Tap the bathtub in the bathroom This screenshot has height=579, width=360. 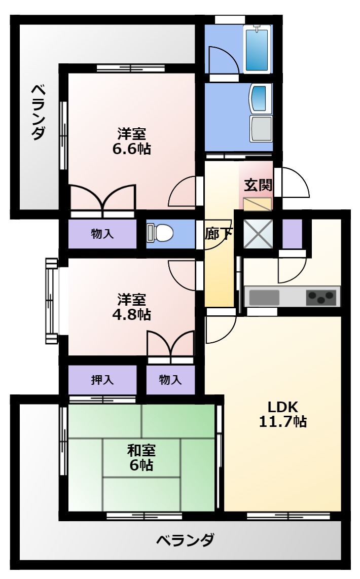257,48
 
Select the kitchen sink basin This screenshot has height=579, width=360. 264,298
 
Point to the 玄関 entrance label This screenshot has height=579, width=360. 258,185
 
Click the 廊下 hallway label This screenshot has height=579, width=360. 219,234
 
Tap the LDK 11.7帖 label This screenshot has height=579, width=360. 283,414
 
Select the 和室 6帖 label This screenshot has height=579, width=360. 141,458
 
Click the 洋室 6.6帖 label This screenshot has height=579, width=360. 131,141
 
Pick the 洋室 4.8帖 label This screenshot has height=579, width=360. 131,307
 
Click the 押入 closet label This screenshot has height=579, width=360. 102,380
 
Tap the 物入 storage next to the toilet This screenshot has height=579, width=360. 102,234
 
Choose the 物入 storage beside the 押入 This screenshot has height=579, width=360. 170,380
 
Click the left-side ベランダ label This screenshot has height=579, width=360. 39,112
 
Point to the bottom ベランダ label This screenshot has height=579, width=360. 185,540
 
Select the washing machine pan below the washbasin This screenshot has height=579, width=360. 261,128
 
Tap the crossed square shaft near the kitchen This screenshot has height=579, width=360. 258,234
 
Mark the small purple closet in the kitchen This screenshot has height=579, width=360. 293,234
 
